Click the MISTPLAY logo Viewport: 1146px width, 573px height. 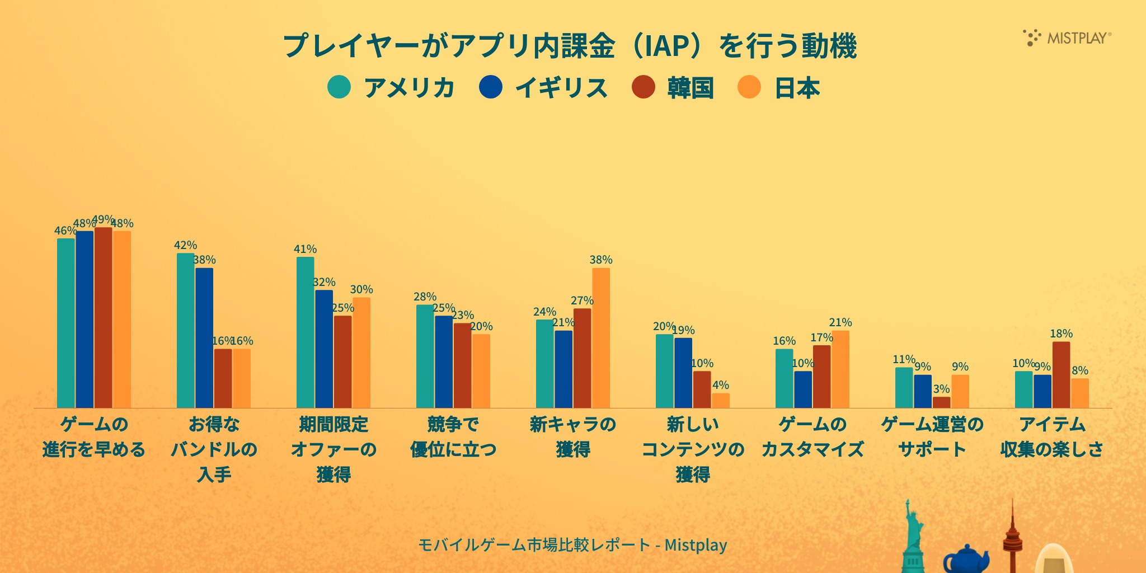1067,37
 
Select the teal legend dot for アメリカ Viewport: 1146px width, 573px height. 339,87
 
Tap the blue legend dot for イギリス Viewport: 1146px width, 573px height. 491,87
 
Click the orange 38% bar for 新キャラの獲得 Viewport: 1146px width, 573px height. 601,338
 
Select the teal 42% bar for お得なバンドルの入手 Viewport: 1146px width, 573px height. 186,330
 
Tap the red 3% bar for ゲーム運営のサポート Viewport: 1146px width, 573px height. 941,402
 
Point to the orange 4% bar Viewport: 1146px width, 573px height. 721,401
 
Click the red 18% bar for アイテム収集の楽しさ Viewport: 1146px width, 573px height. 1061,375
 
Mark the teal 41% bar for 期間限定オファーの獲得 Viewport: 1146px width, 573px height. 306,332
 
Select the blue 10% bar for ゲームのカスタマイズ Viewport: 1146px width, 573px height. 803,389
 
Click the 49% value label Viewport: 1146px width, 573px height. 103,219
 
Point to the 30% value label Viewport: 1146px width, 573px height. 361,289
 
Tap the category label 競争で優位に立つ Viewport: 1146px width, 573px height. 453,436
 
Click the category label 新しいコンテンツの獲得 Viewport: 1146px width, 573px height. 693,449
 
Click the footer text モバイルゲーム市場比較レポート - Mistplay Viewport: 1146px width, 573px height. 572,544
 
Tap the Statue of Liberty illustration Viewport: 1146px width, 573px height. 912,537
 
